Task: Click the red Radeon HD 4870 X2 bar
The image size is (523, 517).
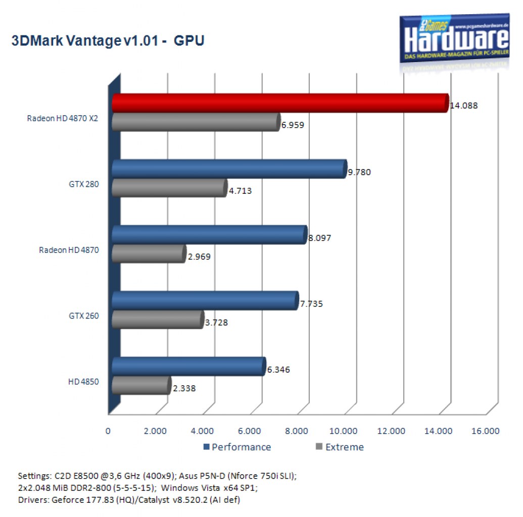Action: point(280,103)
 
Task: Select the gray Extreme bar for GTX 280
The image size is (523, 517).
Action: point(169,188)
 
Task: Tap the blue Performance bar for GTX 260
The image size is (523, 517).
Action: point(205,301)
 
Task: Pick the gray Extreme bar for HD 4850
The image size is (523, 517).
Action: point(141,386)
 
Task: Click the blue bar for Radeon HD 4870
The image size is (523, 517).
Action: point(210,235)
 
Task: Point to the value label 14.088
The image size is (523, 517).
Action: point(464,106)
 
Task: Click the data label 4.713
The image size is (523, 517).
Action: point(240,191)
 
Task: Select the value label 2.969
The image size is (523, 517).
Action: point(199,256)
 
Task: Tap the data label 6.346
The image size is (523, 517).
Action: point(278,370)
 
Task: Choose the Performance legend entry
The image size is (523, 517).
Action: point(237,447)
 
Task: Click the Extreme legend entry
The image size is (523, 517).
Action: point(340,447)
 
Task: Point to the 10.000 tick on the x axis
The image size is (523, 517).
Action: point(343,431)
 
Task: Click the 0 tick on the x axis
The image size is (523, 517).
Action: point(108,431)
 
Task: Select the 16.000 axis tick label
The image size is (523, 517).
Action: point(485,431)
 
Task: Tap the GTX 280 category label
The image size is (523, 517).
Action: point(84,184)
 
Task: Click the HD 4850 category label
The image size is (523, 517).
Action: point(83,382)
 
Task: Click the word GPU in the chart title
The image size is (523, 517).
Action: point(189,41)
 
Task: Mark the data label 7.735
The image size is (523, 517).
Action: point(312,304)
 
